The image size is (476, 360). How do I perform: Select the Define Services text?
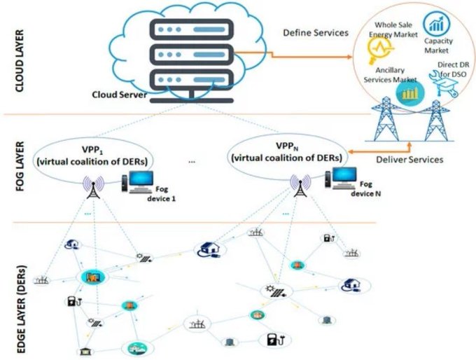click(x=315, y=33)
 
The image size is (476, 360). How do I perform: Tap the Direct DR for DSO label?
click(x=447, y=71)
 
